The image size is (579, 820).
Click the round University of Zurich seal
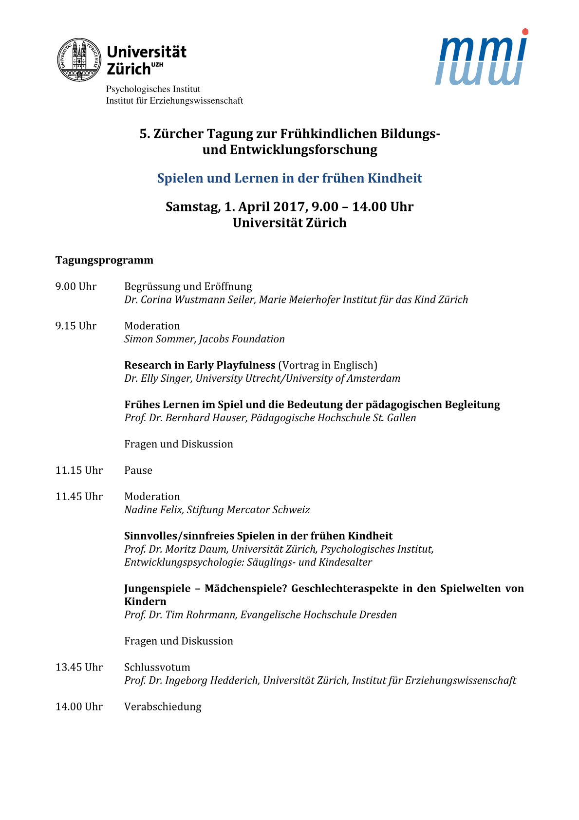coord(79,60)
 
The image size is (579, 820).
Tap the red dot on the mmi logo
coord(525,32)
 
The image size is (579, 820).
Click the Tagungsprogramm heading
coord(104,261)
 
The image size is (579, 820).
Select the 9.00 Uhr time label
coord(76,287)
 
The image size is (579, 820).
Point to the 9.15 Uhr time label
coord(76,326)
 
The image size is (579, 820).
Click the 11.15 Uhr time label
coord(79,471)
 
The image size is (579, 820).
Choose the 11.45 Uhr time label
coord(79,497)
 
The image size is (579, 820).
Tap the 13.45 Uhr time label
coord(79,668)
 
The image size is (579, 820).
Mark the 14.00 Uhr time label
coord(79,707)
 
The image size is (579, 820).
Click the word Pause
coord(138,471)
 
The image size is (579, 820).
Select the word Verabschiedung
coord(163,707)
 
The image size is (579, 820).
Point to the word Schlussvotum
coord(157,668)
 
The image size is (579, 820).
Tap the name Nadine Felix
coord(154,510)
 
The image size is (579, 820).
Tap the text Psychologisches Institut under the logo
coord(153,90)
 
